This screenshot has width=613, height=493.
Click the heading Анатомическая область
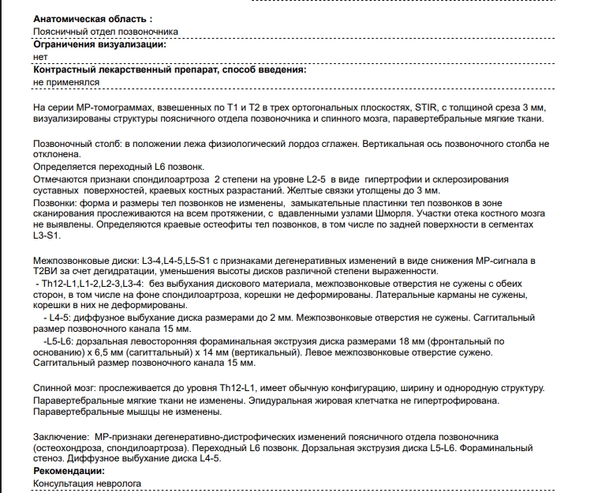coord(92,18)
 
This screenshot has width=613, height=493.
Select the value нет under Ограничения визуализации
coord(40,57)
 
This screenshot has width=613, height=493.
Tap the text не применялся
coord(66,82)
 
